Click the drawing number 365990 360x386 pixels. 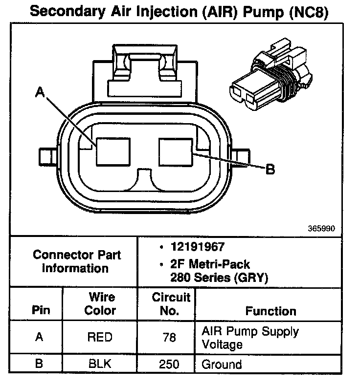click(322, 228)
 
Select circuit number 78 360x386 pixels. click(169, 337)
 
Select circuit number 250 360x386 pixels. click(169, 365)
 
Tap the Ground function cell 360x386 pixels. click(222, 365)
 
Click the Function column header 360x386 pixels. click(270, 311)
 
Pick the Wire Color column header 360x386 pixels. click(100, 304)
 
